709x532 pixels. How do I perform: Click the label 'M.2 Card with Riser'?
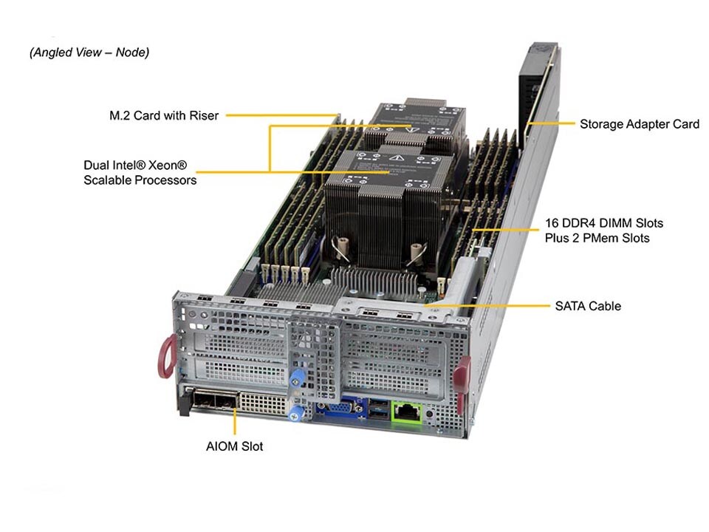coord(164,116)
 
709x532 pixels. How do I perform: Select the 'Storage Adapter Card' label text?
coord(639,124)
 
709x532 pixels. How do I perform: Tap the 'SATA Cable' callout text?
coord(587,305)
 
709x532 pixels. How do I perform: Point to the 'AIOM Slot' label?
coord(234,446)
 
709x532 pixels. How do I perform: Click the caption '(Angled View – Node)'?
coord(89,52)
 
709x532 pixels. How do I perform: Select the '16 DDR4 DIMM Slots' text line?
coord(603,222)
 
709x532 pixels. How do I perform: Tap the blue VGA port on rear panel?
coord(340,408)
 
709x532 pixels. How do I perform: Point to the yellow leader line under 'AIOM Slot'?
coord(235,423)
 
